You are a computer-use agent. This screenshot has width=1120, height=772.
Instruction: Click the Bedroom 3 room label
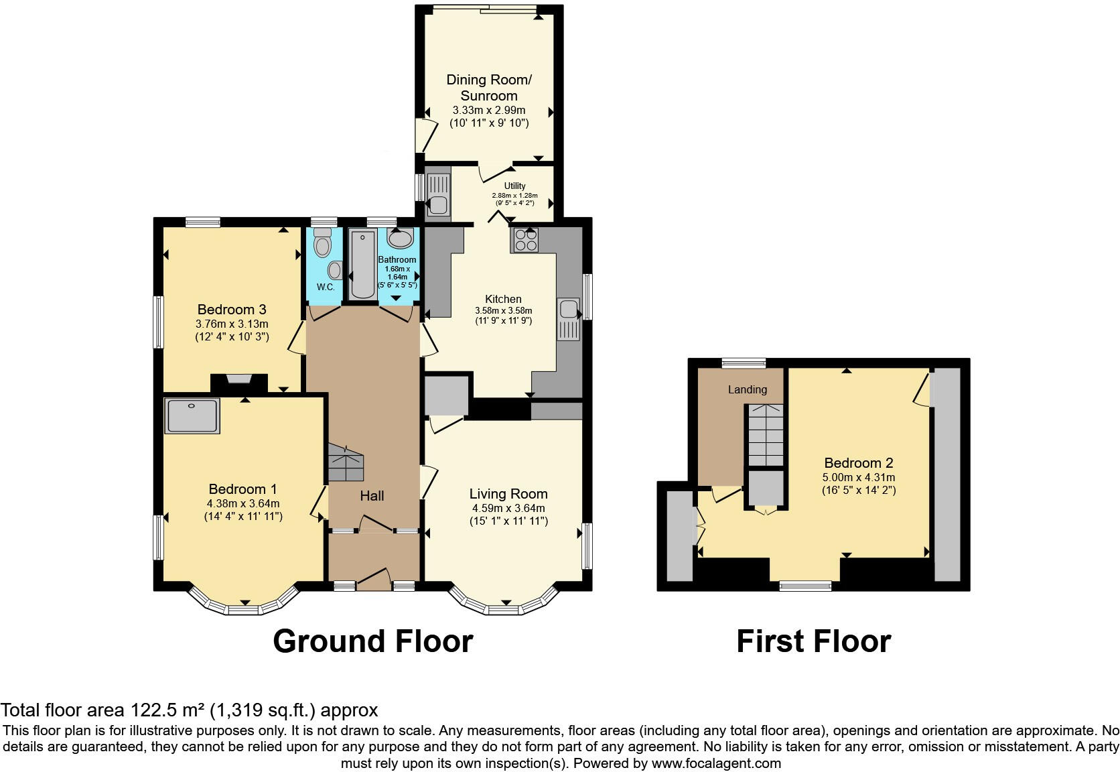coord(232,309)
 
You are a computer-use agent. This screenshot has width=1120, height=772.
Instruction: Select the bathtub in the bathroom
coord(362,264)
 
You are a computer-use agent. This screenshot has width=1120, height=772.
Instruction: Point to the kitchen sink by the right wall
coord(569,318)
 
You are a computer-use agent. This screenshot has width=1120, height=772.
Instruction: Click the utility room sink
coord(437,194)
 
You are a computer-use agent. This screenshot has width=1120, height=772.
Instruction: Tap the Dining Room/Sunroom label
coord(489,87)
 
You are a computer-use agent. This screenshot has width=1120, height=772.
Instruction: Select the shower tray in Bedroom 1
coord(192,415)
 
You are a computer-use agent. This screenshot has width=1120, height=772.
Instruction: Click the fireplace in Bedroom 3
coord(239,380)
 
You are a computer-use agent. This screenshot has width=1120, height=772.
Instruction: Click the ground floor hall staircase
coord(346,462)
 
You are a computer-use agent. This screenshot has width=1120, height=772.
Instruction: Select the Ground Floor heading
coord(372,641)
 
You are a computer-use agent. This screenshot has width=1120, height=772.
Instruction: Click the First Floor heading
coord(813,641)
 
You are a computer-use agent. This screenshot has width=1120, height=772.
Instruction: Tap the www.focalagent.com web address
coord(716,763)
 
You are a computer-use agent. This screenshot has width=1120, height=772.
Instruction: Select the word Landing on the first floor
coord(748,389)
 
